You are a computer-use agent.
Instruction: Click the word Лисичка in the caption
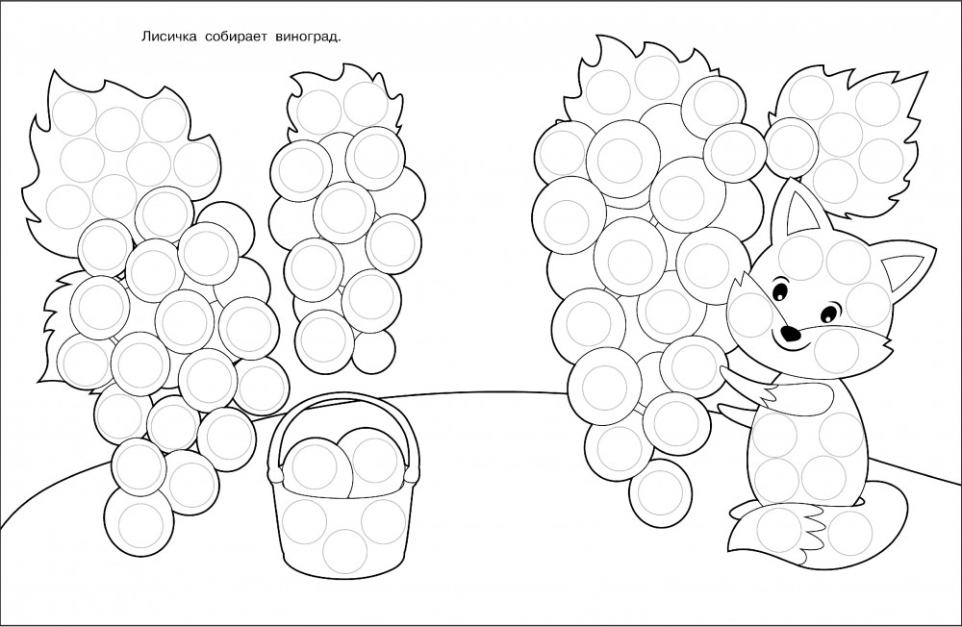168,38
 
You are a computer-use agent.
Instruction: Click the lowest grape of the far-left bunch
138,522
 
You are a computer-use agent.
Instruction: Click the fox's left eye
779,289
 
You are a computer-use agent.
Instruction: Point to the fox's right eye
828,312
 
